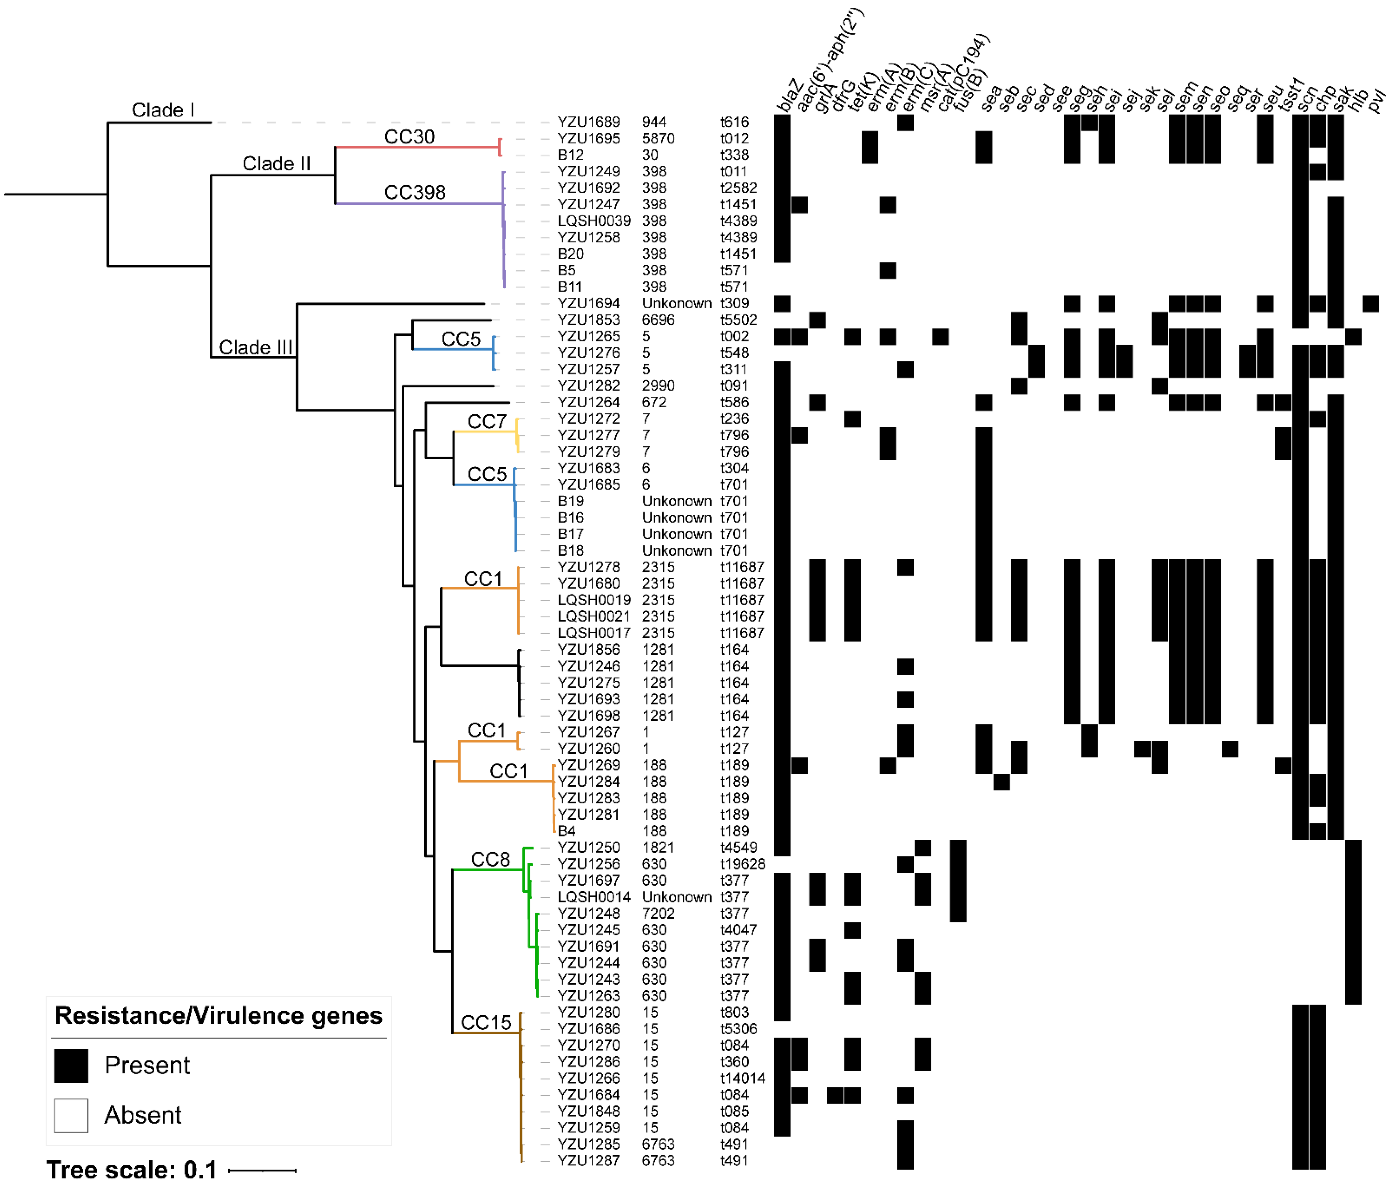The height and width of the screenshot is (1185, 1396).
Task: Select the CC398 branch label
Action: (414, 193)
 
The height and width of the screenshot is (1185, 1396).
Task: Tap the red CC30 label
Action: (409, 137)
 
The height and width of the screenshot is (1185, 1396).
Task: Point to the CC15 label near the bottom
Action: (486, 1023)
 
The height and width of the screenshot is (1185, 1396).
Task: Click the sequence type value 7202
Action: (658, 914)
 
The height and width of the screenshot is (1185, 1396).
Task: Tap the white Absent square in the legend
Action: (71, 1115)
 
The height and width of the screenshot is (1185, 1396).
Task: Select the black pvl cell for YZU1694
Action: (1370, 304)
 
